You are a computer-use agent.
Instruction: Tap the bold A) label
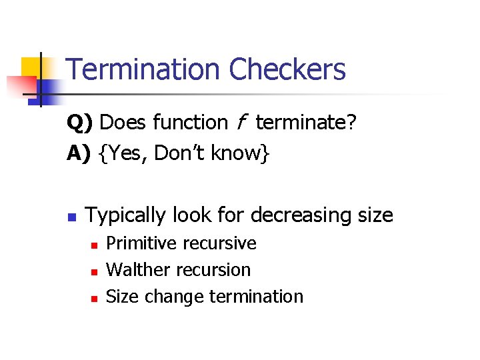click(79, 154)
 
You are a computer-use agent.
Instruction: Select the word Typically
click(126, 216)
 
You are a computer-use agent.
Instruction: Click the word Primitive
click(136, 243)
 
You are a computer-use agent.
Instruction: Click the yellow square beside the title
click(35, 69)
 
